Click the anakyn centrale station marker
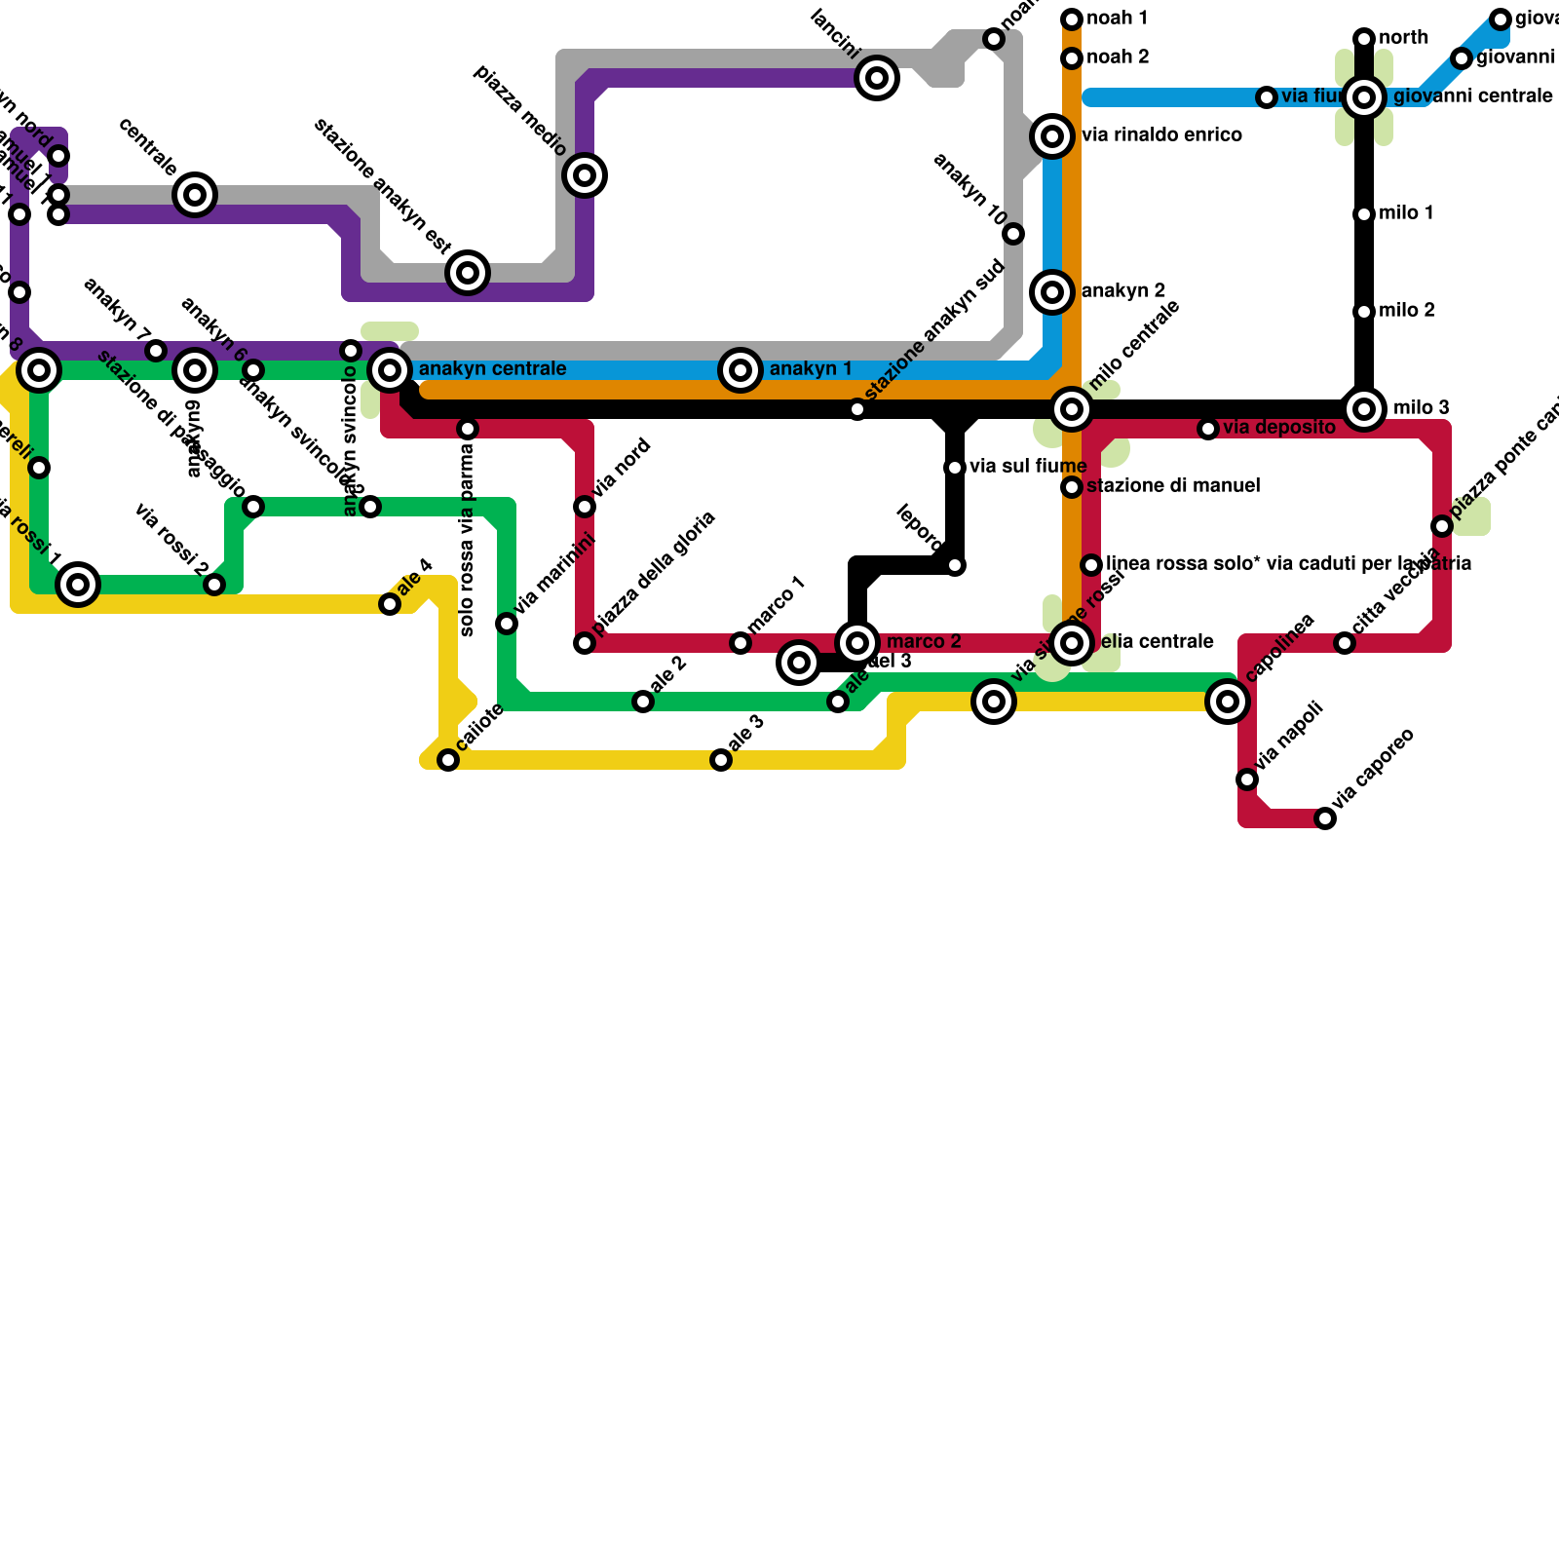click(390, 370)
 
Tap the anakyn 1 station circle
click(741, 370)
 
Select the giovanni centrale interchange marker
click(1364, 97)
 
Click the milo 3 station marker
click(1364, 409)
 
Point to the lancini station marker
click(877, 78)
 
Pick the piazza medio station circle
click(585, 175)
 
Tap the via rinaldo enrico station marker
click(1052, 136)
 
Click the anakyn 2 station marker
click(1052, 292)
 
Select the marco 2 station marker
click(857, 643)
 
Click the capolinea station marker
click(1228, 702)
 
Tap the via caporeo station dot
click(1325, 818)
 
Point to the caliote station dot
click(448, 760)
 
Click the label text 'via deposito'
click(1278, 428)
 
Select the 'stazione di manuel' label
click(1173, 486)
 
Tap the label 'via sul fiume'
click(1027, 467)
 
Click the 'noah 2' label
click(1118, 57)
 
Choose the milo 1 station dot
click(1364, 214)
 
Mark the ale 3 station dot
click(721, 760)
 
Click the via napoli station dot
click(1247, 779)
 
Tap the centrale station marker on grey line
click(195, 195)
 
